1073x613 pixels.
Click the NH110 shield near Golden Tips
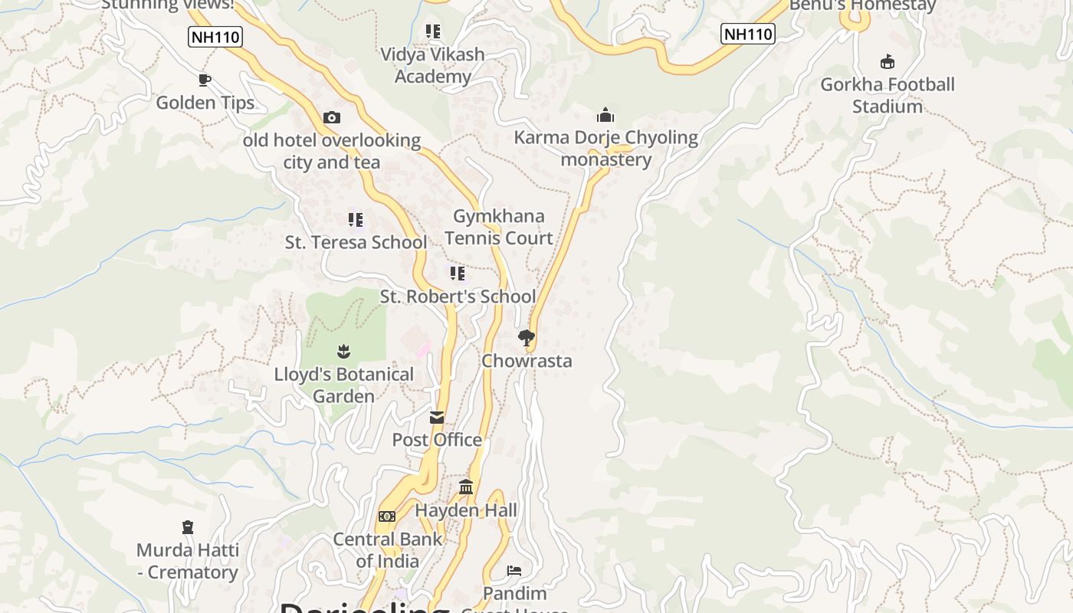coord(215,36)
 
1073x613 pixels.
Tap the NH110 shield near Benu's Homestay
coord(748,34)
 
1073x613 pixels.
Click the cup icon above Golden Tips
coord(205,80)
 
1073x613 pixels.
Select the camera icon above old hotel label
coord(332,117)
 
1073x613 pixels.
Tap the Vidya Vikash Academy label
coord(433,65)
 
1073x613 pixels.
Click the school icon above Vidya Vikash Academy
coord(433,31)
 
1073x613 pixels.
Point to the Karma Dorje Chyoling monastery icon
coord(605,115)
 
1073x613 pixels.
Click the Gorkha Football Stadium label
coord(888,95)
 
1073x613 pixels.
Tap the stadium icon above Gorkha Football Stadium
coord(888,61)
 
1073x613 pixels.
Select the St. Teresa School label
coord(356,242)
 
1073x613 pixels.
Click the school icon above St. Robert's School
coord(458,274)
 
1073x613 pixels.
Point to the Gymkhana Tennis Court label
coord(499,227)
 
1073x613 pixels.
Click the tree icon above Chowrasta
coord(527,337)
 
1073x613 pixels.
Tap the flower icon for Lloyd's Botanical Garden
coord(343,352)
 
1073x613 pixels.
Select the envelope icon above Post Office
coord(437,417)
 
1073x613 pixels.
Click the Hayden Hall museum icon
coord(466,487)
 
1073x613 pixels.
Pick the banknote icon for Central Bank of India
coord(387,516)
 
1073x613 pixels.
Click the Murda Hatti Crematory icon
coord(188,527)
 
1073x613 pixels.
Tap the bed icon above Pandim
coord(514,571)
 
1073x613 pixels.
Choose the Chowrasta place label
coord(527,361)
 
